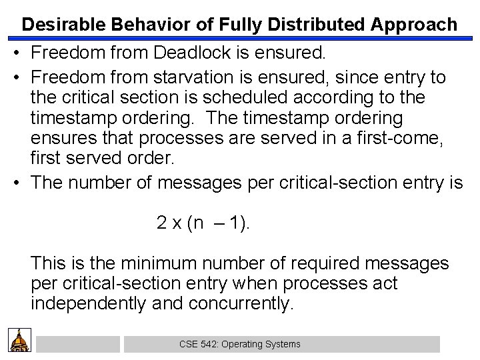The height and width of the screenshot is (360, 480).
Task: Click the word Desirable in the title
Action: (58, 25)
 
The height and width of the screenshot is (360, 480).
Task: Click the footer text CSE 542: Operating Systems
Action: (240, 344)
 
